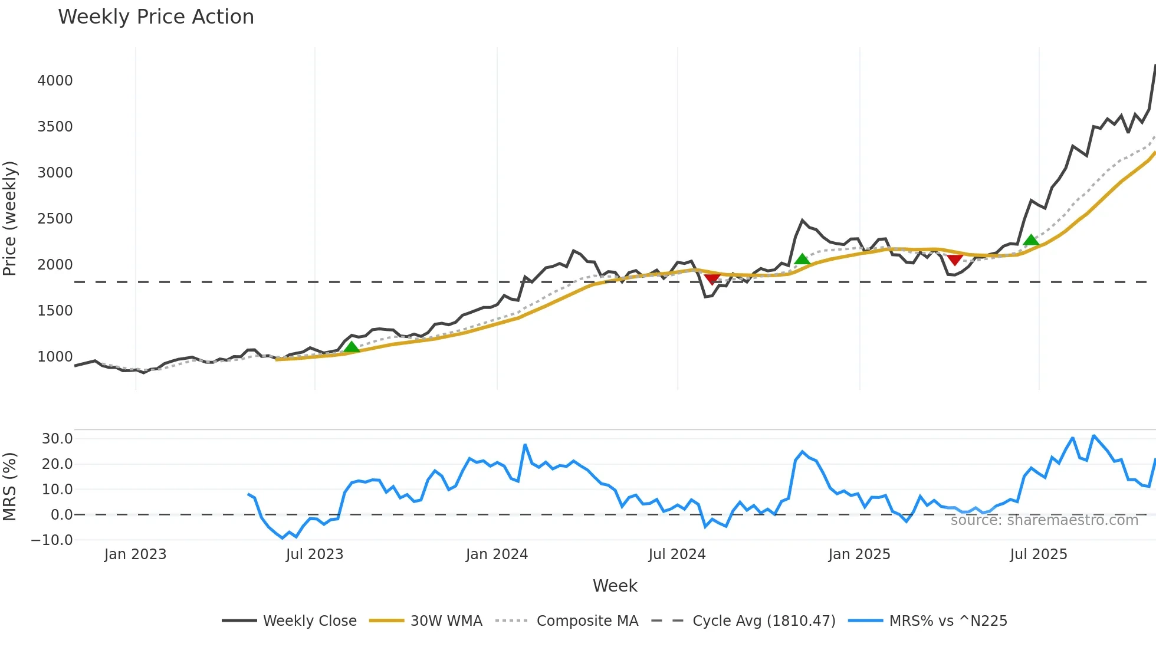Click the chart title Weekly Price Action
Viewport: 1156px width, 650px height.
tap(156, 17)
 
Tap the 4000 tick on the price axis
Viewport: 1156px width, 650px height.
tap(55, 81)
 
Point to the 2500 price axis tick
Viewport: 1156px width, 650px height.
tap(55, 219)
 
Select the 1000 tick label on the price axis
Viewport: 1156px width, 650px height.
tap(55, 357)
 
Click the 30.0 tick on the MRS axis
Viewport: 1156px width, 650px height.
tap(57, 439)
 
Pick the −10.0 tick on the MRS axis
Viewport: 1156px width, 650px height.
tap(52, 540)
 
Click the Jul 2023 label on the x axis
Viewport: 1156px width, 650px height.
tap(314, 554)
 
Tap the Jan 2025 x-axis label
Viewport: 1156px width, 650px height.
tap(859, 554)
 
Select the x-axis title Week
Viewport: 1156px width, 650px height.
tap(615, 586)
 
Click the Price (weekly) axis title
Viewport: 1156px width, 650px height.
tap(10, 218)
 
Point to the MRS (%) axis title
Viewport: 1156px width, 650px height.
tap(10, 487)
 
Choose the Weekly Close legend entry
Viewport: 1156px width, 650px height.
tap(290, 621)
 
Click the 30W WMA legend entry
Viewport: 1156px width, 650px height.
tap(426, 621)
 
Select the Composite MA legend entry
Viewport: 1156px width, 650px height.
tap(567, 621)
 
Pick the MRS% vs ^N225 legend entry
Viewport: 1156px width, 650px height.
tap(928, 621)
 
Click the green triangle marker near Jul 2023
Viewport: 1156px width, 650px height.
tap(352, 347)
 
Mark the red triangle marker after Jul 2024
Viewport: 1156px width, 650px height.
tap(712, 278)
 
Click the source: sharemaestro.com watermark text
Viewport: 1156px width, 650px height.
tap(1044, 520)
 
